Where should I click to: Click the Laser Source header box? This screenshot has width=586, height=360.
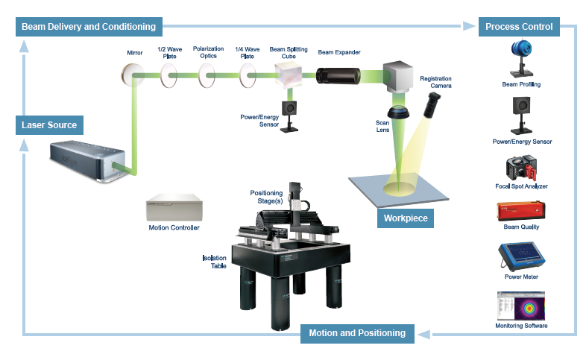[48, 124]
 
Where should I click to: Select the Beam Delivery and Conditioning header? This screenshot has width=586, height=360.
[89, 27]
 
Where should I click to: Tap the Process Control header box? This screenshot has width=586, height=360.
[518, 27]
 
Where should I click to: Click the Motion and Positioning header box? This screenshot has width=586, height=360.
[357, 332]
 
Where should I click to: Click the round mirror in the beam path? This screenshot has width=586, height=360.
[133, 74]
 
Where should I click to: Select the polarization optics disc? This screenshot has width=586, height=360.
[208, 74]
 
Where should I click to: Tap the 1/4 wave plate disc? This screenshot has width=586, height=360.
[246, 74]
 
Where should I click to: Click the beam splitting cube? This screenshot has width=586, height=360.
[287, 74]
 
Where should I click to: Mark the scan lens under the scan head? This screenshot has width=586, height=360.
[403, 113]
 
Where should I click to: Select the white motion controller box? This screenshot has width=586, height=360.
[173, 208]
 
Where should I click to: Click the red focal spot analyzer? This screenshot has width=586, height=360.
[521, 168]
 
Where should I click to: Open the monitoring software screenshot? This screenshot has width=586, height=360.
[521, 306]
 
